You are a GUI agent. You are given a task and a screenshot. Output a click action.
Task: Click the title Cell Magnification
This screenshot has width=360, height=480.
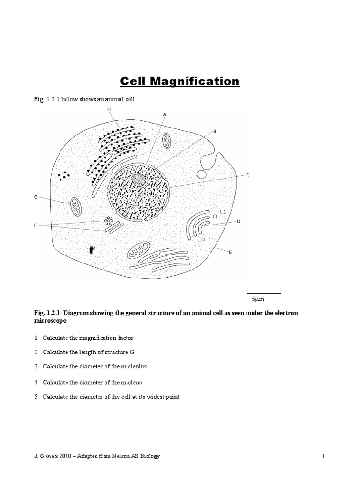point(180,82)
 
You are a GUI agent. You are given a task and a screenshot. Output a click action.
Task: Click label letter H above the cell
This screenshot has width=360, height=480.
point(109,109)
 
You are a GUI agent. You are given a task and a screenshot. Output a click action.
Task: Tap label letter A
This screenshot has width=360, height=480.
point(165,114)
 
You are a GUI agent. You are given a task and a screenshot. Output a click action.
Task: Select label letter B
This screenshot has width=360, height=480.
point(215,132)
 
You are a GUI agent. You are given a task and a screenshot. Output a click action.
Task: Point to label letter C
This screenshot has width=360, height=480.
point(247,175)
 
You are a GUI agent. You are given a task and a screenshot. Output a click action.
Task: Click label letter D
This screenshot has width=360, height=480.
point(239,221)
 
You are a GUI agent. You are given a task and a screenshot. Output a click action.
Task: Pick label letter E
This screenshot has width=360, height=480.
point(230,252)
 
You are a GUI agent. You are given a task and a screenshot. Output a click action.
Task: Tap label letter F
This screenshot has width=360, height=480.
point(36,226)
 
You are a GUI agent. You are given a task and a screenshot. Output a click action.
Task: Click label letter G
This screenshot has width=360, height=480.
point(36,197)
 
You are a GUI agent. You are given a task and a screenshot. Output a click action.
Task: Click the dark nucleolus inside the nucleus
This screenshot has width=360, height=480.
point(138,180)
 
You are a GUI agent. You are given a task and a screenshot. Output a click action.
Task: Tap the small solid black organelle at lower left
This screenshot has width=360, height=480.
point(91,250)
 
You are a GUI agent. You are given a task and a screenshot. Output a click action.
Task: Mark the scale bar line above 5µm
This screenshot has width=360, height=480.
point(263,293)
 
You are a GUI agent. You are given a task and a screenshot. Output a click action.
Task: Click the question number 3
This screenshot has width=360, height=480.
point(36,366)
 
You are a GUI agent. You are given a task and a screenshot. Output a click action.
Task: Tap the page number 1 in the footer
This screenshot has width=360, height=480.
point(323,457)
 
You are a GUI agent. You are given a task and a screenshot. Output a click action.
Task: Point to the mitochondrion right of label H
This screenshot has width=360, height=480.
point(167,140)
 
